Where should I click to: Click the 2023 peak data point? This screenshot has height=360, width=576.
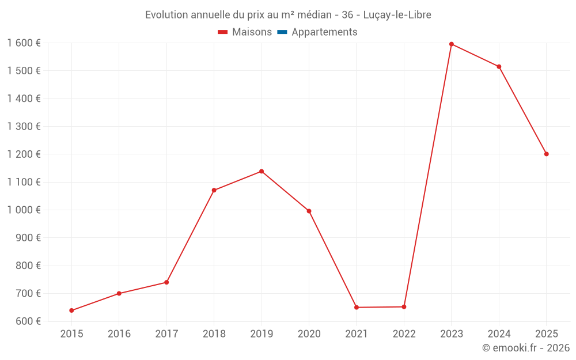(x=452, y=44)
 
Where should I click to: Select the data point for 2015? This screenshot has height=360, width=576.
(x=71, y=310)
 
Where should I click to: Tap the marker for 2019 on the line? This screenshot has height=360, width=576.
(x=262, y=171)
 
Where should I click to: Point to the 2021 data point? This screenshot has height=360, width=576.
(x=357, y=308)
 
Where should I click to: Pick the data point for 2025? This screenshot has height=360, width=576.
(x=547, y=154)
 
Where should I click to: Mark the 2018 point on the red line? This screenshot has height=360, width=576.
(x=214, y=190)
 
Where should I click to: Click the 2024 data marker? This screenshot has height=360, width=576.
(x=499, y=67)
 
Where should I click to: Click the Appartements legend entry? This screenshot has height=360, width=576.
(x=324, y=32)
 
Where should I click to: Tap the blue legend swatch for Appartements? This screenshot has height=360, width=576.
(x=282, y=32)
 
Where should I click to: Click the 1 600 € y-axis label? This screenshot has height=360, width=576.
(x=24, y=43)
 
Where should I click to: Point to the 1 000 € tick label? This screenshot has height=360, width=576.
(x=24, y=210)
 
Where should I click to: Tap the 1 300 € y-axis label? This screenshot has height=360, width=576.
(x=24, y=126)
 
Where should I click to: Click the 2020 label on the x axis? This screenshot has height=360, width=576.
(x=309, y=334)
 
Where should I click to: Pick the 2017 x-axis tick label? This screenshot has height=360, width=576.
(x=166, y=334)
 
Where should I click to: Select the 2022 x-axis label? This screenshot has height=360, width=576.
(x=404, y=334)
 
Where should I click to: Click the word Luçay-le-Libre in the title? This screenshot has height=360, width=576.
(x=397, y=15)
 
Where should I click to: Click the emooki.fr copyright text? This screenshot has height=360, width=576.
(x=526, y=348)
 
